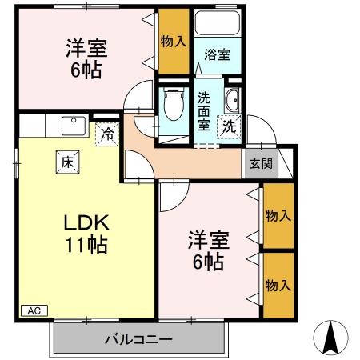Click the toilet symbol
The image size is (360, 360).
pyautogui.click(x=170, y=104)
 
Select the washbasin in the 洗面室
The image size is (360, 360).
pyautogui.click(x=232, y=101)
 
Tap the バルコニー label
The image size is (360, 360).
pyautogui.click(x=138, y=339)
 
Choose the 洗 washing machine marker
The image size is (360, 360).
pyautogui.click(x=228, y=126)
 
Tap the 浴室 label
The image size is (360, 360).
pyautogui.click(x=216, y=56)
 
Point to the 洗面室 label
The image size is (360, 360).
pyautogui.click(x=206, y=111)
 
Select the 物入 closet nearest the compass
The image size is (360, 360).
pyautogui.click(x=278, y=285)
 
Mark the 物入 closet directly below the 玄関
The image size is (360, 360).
pyautogui.click(x=278, y=216)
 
